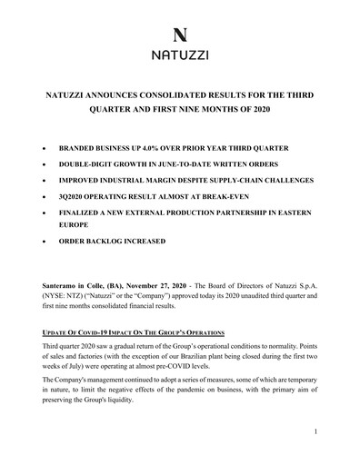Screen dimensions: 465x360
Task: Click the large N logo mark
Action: (179, 36)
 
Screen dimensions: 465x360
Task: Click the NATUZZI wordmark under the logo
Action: (179, 56)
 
